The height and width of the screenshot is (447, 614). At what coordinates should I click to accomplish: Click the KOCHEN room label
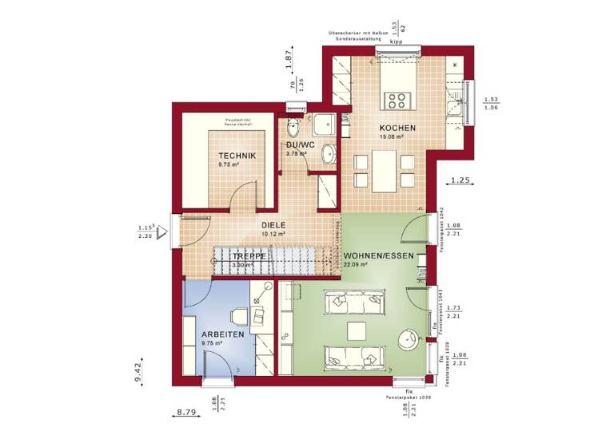pos(397,128)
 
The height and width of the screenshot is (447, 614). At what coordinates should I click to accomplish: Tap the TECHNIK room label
pos(237,156)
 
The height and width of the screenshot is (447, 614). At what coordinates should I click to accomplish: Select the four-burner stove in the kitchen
pos(397,100)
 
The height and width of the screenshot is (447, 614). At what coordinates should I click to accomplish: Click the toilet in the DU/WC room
pos(293,127)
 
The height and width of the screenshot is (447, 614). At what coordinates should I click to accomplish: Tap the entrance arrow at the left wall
pos(163,233)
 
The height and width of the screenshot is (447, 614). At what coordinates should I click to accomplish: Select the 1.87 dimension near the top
pos(290,58)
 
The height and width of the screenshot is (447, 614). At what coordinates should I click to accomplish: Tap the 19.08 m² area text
pos(391,136)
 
